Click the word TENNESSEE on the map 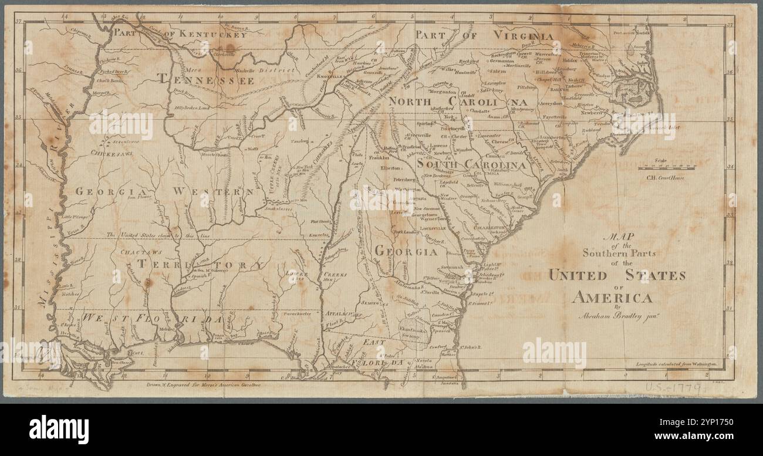coord(205,80)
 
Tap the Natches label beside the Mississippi coord(69,292)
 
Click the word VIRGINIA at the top coord(523,36)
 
